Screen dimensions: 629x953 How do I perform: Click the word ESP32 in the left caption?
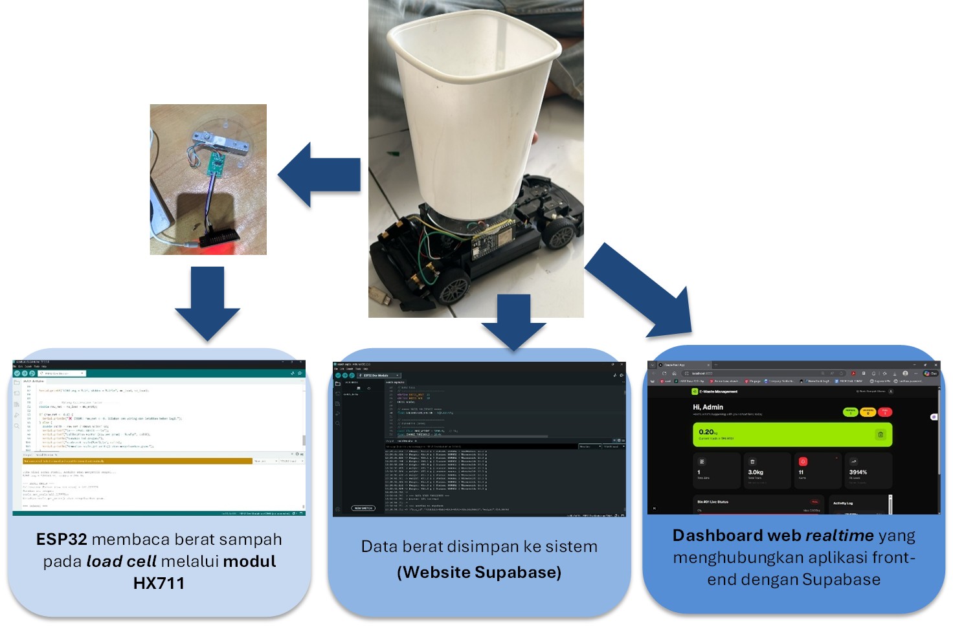62,540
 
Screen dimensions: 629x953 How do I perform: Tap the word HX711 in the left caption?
159,584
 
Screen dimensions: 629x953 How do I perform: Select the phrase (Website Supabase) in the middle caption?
479,573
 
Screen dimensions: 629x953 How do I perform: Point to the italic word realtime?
840,536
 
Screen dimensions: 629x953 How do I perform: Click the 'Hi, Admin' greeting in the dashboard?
708,407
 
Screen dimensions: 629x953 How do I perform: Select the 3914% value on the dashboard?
858,472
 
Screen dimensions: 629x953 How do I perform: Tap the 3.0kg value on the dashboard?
755,472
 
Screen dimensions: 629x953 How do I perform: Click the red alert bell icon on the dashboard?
803,461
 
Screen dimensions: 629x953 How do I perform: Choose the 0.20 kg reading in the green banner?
707,432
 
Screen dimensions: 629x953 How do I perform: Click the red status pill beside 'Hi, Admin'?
885,412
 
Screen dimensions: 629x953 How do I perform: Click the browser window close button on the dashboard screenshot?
936,365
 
